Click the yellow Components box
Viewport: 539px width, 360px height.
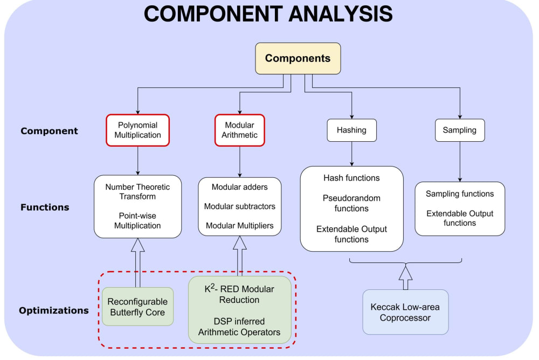click(298, 58)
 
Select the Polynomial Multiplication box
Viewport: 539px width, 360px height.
click(137, 130)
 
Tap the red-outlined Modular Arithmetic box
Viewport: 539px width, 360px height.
click(239, 130)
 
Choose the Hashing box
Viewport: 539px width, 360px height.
click(351, 130)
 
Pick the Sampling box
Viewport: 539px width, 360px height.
click(459, 130)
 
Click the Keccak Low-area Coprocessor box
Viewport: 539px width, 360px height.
click(405, 312)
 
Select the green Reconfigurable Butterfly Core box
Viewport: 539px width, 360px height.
click(137, 307)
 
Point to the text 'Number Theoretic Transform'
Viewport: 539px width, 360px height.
click(137, 192)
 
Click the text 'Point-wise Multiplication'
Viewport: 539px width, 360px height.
click(137, 220)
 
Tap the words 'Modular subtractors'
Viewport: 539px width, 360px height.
click(239, 206)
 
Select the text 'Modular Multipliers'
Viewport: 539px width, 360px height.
click(239, 226)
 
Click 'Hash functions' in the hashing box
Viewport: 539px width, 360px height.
click(351, 178)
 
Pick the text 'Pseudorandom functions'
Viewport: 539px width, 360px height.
click(351, 203)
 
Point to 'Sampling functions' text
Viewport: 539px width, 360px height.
click(459, 193)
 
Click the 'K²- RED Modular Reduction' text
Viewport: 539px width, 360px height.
click(239, 294)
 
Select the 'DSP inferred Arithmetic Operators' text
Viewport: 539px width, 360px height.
click(239, 327)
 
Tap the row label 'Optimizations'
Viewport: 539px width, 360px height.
click(54, 310)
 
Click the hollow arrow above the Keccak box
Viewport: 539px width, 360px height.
click(405, 275)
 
